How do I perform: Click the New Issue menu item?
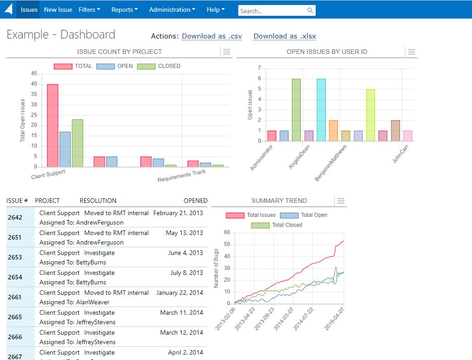coord(58,10)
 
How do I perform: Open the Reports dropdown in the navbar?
coord(124,10)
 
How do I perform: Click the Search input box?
coord(272,10)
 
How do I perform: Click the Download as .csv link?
coord(212,36)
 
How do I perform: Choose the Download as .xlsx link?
coord(284,36)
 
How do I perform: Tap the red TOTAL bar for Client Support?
coord(53,125)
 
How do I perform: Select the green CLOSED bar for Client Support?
coord(77,143)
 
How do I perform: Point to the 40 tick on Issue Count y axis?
coord(34,84)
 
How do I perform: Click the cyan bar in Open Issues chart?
coord(321,110)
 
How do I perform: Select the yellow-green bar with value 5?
coord(370,115)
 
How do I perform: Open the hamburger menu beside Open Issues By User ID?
coord(411,52)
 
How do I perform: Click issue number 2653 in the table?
coord(15,257)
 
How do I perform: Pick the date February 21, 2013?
coord(178,213)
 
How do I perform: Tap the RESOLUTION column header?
coord(98,201)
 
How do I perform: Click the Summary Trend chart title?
coord(279,201)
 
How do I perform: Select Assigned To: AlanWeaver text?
coord(74,302)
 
